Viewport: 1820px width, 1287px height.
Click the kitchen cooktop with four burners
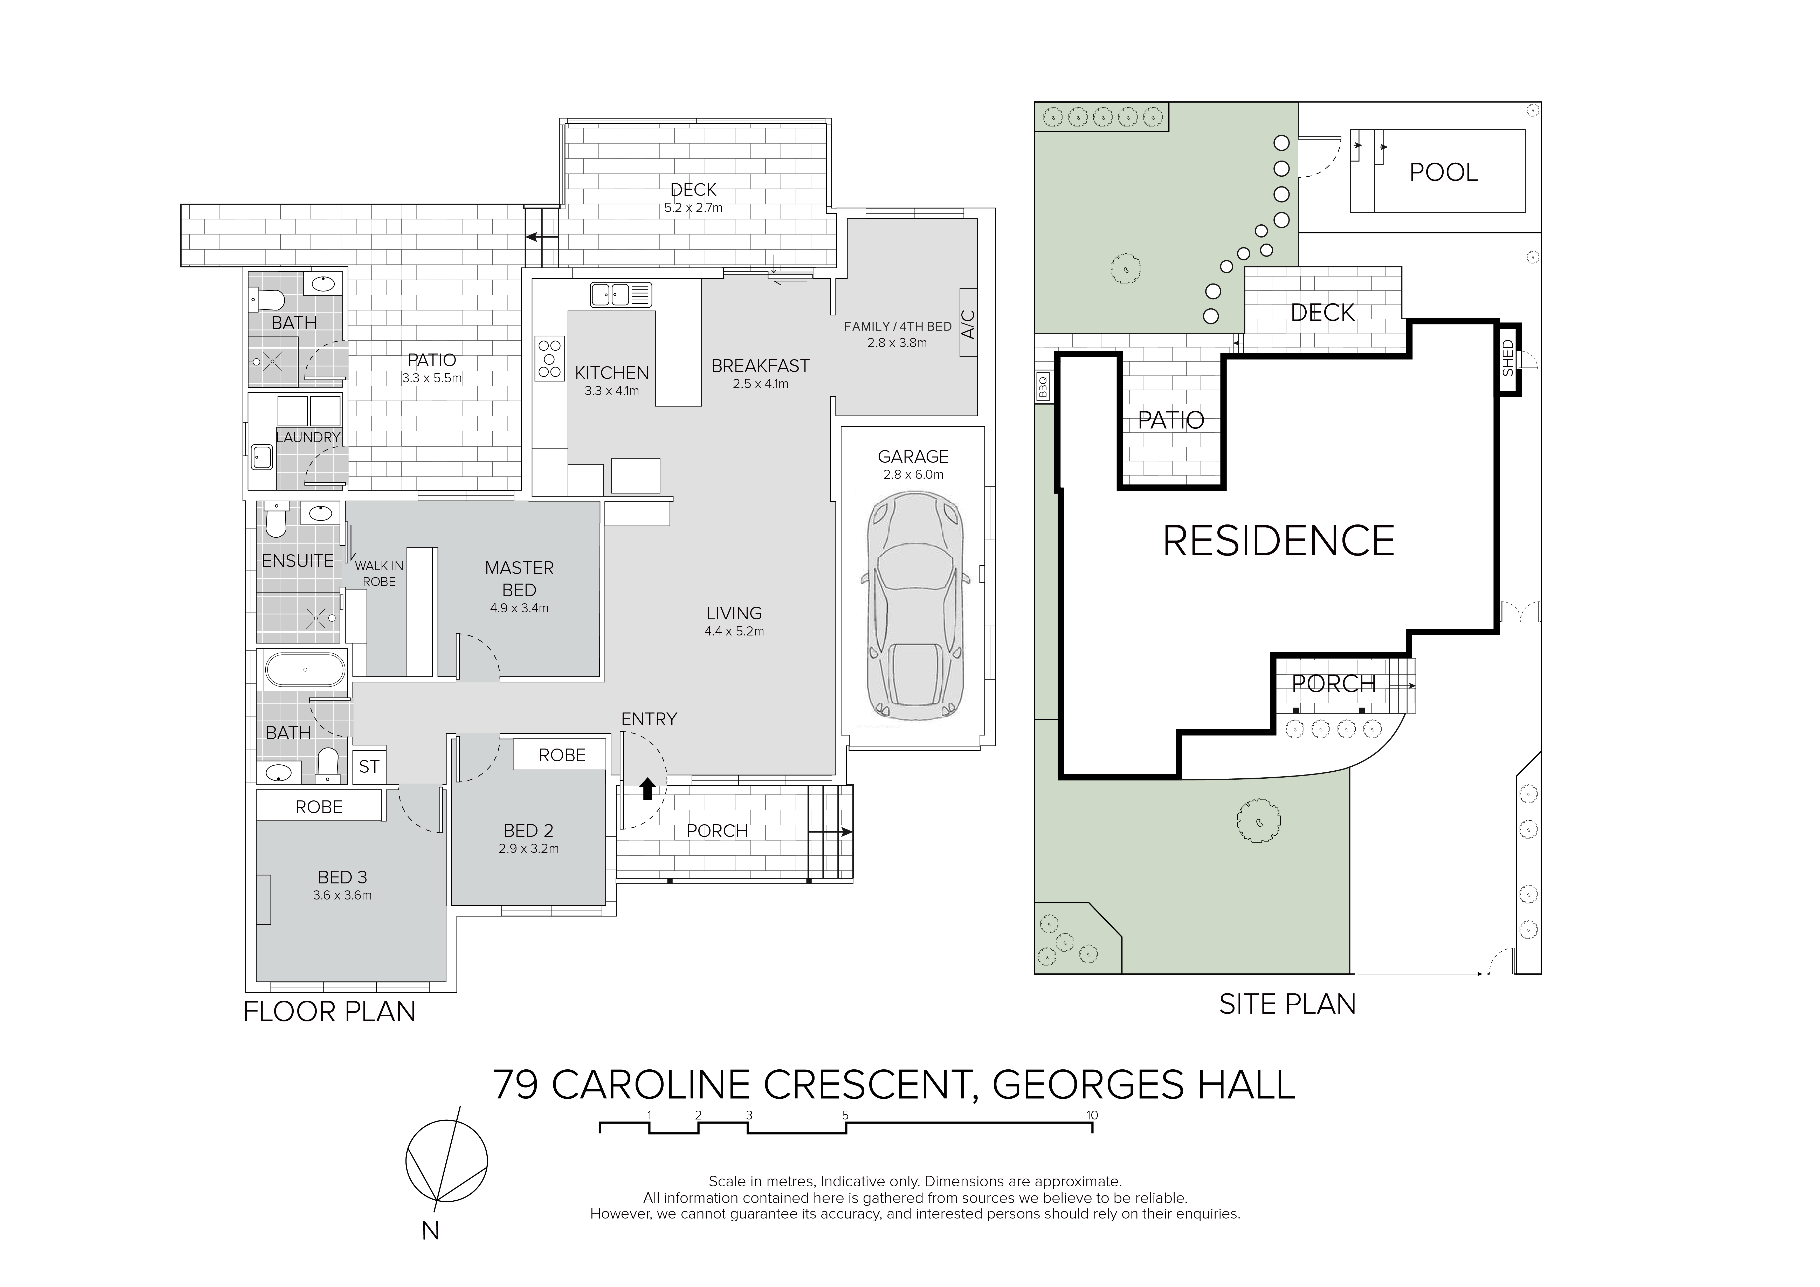[x=549, y=358]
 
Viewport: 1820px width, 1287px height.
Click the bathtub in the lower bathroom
[x=305, y=670]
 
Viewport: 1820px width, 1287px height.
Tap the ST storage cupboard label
[x=369, y=766]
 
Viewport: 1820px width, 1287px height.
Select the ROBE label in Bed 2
[x=562, y=755]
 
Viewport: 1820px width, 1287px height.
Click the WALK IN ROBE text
[x=379, y=573]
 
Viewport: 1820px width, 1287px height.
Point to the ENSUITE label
[x=298, y=561]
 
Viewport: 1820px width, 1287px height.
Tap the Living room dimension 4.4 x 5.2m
[x=734, y=632]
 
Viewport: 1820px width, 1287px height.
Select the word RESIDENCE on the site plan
[x=1279, y=541]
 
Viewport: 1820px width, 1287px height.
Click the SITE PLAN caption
[x=1287, y=1004]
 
